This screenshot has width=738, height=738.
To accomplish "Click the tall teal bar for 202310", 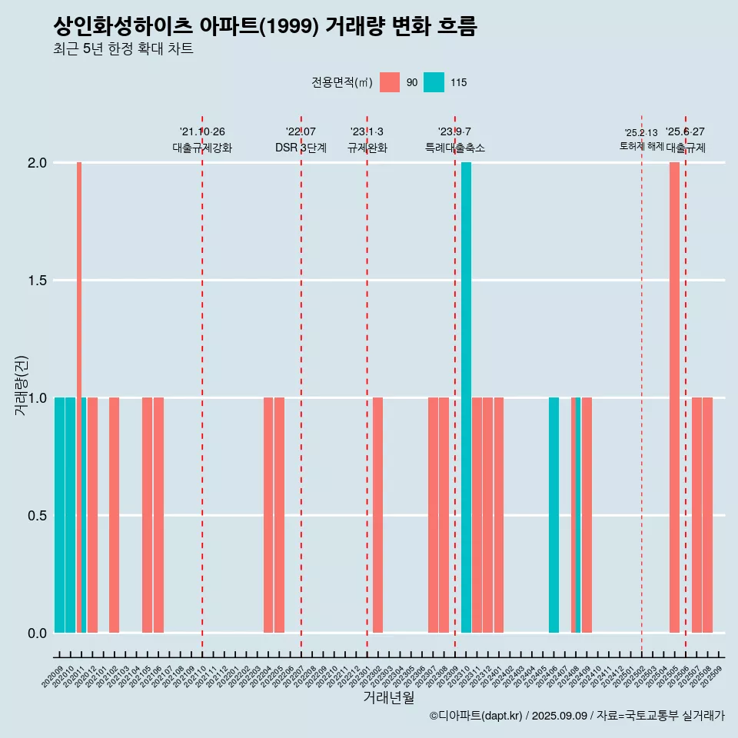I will [466, 397].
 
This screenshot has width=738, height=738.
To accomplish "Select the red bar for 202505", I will [674, 397].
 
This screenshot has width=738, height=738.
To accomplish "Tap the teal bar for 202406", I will [553, 515].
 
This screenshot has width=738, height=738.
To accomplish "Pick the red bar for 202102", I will [114, 515].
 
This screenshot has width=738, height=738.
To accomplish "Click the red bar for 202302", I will [377, 515].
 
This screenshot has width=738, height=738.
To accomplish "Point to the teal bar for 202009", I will [59, 515].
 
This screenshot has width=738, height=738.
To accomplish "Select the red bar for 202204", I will [268, 515].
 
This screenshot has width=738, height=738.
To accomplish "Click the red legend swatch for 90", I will [390, 82].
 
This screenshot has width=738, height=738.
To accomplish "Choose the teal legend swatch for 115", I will [434, 82].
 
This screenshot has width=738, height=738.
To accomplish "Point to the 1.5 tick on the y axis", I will [38, 281].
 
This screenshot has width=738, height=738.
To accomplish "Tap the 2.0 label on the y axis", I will [38, 163].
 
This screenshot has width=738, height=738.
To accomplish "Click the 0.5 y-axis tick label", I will [38, 516].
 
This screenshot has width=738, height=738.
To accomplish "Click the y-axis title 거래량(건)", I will [21, 385].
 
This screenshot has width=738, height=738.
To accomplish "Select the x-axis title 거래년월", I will [388, 698].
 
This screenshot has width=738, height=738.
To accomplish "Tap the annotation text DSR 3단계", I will [301, 148].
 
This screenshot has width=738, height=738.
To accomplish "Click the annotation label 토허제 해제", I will [641, 146].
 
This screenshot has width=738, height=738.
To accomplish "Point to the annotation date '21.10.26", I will [202, 132].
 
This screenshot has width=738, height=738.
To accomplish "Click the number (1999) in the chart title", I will [288, 27].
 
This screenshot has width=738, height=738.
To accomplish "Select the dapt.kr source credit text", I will [577, 716].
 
